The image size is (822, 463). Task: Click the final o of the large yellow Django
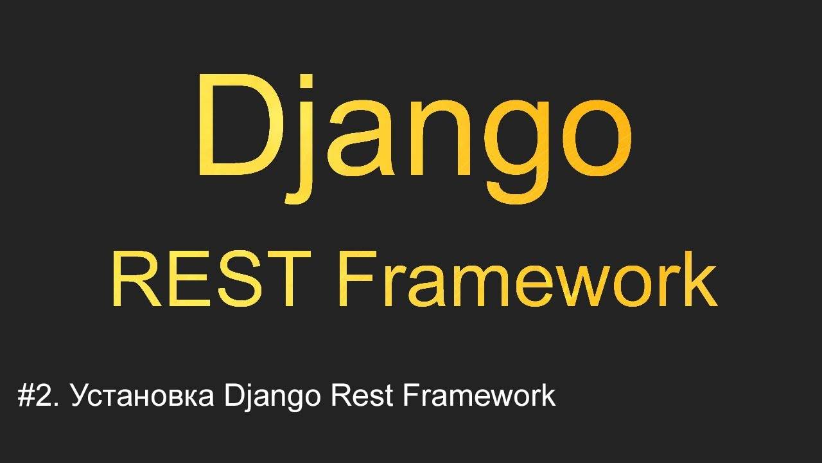pyautogui.click(x=595, y=138)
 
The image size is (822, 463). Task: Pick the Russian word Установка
pyautogui.click(x=143, y=397)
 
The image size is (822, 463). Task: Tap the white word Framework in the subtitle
pyautogui.click(x=479, y=396)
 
